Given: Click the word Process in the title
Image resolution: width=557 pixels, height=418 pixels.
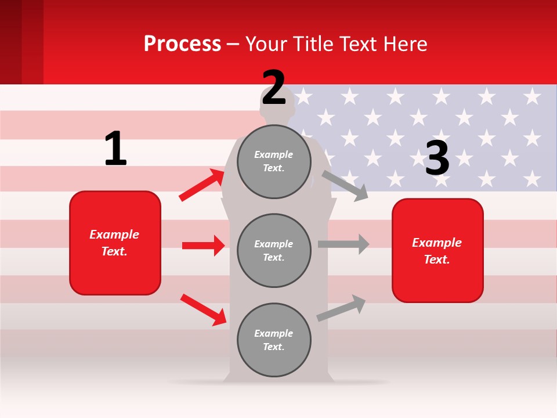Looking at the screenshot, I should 182,44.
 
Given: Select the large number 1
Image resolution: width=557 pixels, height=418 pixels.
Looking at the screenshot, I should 115,149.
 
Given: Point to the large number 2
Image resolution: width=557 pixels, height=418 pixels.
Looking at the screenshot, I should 274,88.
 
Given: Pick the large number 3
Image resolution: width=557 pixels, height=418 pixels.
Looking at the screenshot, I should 437,158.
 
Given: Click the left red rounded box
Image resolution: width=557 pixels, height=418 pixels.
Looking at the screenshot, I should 115,243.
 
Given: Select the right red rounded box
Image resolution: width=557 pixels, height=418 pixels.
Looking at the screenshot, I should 437,250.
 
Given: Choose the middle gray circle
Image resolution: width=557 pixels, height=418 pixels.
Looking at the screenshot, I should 274,250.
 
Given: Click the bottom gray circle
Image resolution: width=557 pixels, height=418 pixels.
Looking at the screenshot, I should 274,340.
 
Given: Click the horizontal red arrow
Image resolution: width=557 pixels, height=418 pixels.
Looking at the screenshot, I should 203,246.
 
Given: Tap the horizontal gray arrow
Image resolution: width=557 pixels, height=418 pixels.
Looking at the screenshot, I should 343,244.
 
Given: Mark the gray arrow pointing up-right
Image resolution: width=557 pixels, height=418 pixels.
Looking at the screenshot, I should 342,308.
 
